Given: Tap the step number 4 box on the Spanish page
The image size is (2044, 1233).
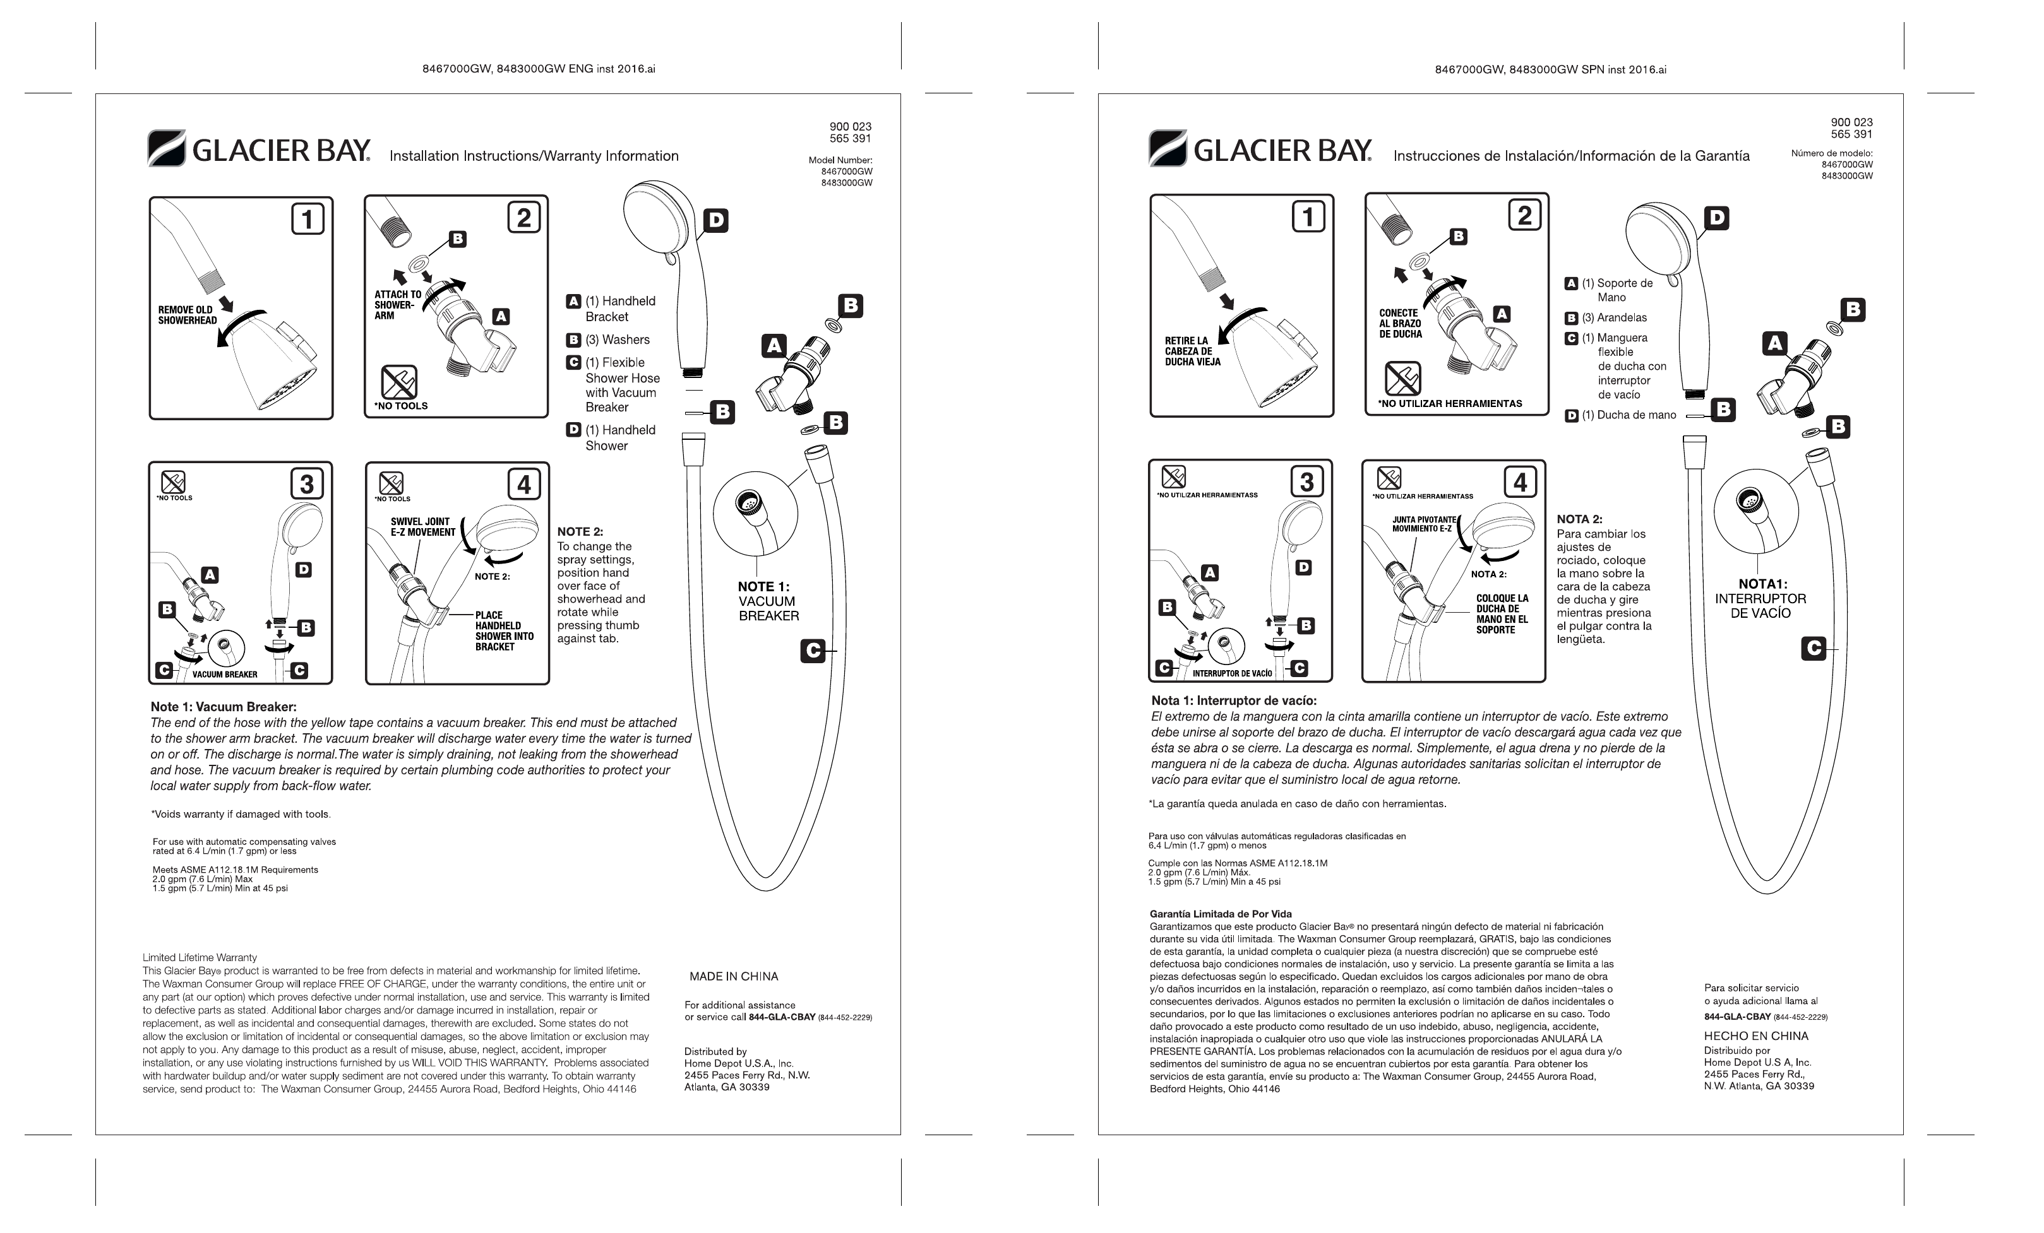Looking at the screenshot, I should coord(1520,481).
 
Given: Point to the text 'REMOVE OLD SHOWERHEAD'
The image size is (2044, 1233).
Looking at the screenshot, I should coord(188,315).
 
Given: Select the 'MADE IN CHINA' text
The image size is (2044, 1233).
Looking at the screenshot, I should coord(733,976).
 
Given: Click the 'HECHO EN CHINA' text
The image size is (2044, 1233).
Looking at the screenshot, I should coord(1755,1035).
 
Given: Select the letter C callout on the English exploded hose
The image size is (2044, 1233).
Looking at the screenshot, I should coord(813,651).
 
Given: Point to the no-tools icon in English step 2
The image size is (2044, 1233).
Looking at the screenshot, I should coord(398,382).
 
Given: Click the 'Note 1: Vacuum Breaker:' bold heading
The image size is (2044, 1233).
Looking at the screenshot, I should coord(223,707).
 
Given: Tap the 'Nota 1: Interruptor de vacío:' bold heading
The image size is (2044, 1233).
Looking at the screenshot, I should coord(1233,700).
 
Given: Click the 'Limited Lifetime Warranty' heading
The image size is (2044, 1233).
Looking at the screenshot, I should coord(200,957).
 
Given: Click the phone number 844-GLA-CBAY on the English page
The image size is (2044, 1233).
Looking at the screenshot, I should coord(782,1017).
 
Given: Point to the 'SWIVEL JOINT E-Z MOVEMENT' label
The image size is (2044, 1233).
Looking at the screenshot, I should coord(422,526).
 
